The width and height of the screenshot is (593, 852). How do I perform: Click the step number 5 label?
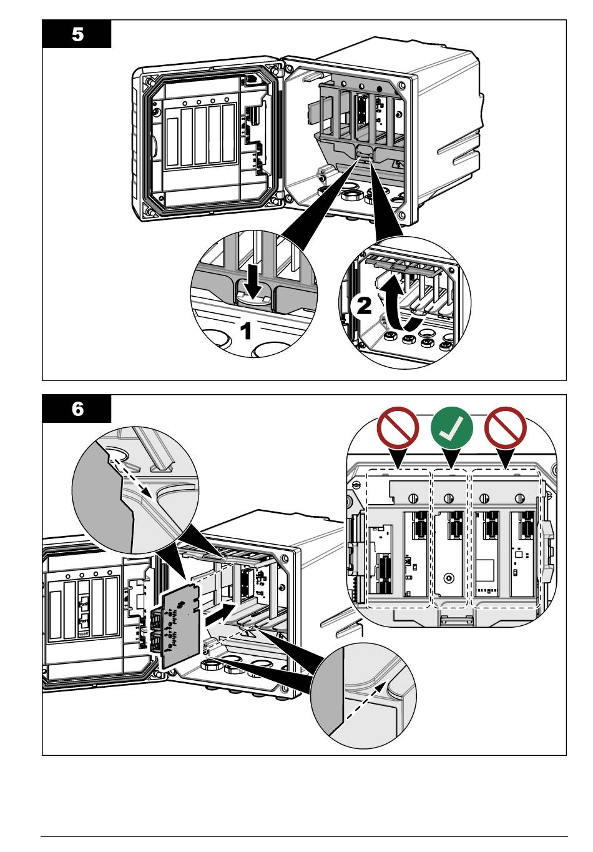click(x=77, y=34)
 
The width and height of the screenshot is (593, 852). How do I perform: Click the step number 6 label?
click(x=77, y=409)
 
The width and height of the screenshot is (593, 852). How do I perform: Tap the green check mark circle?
click(x=453, y=428)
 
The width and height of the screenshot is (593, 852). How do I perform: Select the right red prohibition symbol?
click(x=506, y=428)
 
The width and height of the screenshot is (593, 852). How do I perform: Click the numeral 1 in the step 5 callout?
click(x=247, y=330)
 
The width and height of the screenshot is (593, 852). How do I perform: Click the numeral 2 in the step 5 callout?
click(x=362, y=305)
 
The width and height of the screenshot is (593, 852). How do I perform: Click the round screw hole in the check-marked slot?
click(x=448, y=578)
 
